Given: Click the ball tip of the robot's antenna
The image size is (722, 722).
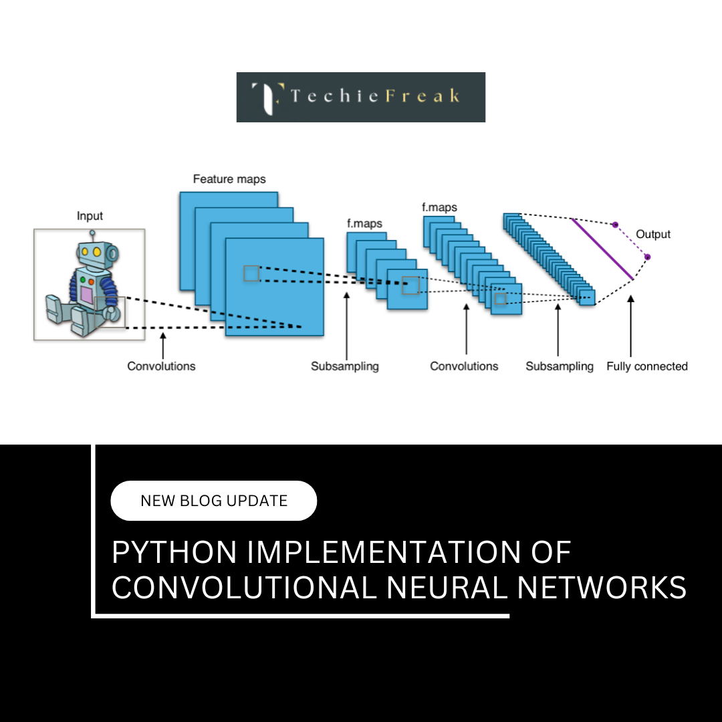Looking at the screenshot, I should click(x=92, y=233).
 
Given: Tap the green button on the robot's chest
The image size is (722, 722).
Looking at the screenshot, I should click(x=82, y=279).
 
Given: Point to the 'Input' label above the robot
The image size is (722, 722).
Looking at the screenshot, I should click(x=90, y=216).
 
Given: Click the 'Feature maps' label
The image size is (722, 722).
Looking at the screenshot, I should click(x=229, y=179).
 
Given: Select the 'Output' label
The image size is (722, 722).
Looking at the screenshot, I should click(x=653, y=234).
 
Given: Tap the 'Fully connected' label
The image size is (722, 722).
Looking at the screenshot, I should click(x=646, y=366).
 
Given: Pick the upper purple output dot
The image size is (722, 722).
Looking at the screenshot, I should click(x=615, y=225).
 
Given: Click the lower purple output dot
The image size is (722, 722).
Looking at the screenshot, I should click(x=646, y=257).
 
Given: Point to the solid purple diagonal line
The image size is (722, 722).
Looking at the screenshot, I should click(x=602, y=249).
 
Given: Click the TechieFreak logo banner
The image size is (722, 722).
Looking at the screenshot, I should click(x=361, y=97).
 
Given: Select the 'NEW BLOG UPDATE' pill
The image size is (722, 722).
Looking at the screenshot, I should click(x=214, y=501).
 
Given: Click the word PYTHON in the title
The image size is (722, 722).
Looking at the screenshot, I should click(x=174, y=554).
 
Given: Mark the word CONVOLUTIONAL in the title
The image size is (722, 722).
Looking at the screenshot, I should click(x=245, y=588).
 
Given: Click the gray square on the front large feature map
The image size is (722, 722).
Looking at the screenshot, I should click(x=251, y=273).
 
